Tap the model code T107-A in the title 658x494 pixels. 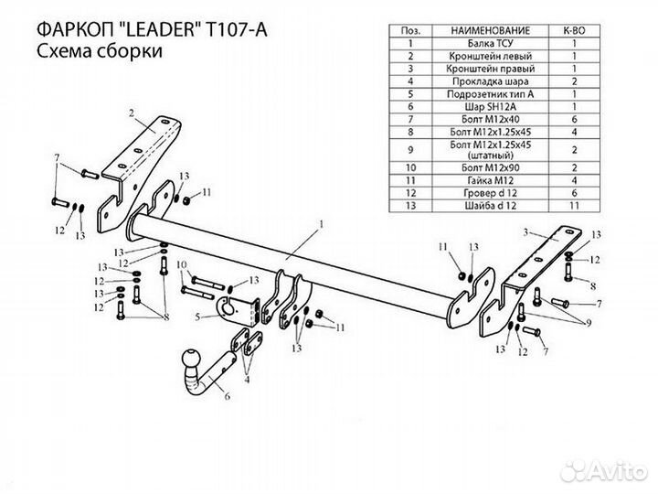tap(239, 28)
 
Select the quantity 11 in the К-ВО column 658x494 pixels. tap(574, 208)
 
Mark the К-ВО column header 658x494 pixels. tap(574, 30)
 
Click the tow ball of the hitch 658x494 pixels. tap(193, 357)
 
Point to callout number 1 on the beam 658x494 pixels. tap(322, 223)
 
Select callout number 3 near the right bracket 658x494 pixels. tap(527, 234)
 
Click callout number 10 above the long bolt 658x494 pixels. tap(181, 266)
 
